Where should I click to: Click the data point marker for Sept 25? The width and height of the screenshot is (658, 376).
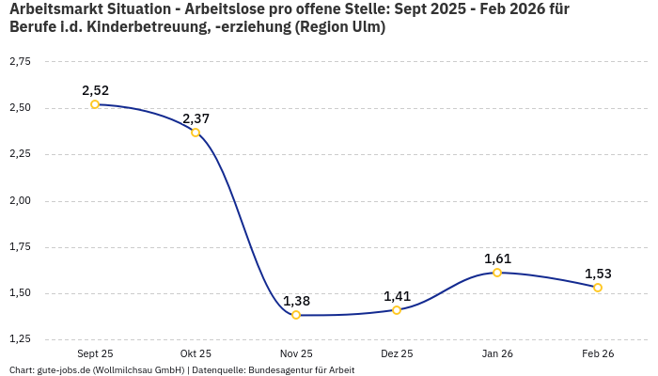[95, 104]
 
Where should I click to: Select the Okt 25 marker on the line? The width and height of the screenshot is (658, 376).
[196, 133]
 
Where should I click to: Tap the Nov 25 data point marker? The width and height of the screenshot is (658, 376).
[296, 315]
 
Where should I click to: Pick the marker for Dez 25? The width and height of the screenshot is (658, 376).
[397, 310]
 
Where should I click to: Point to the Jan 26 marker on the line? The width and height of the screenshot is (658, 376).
[497, 273]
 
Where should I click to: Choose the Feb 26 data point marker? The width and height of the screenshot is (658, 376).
[598, 288]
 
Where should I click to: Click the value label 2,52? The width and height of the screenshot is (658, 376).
[95, 90]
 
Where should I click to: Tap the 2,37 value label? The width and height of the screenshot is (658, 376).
[196, 118]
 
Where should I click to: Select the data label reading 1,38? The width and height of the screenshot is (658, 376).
[296, 301]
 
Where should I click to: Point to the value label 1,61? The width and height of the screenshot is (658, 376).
[497, 258]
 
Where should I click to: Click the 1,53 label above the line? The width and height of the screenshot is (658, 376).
[598, 274]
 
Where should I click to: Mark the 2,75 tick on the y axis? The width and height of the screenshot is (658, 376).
[20, 62]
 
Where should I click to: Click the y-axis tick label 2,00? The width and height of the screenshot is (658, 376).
[20, 201]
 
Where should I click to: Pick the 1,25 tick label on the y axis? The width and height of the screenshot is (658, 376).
[20, 339]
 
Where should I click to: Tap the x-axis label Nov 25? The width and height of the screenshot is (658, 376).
[296, 353]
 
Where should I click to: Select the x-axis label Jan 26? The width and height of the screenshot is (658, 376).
[497, 353]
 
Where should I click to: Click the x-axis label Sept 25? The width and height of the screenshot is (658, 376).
[95, 353]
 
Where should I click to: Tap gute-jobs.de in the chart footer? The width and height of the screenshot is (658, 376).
[64, 369]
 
